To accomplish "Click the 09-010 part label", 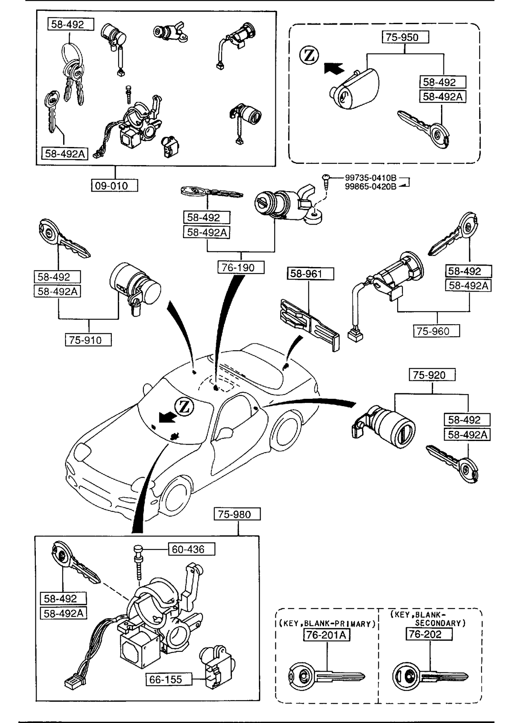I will click(x=115, y=186).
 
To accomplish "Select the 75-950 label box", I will click(x=405, y=37).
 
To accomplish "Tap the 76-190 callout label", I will click(x=241, y=268).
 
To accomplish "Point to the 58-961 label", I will click(x=310, y=274).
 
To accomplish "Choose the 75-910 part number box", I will click(x=88, y=340).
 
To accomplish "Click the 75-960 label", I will click(x=436, y=331).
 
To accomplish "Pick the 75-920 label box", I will click(x=432, y=375).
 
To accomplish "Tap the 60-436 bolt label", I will click(x=191, y=549).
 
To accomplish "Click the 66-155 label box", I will click(x=169, y=679).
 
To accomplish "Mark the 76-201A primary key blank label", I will click(x=326, y=635).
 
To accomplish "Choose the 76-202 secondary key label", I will click(x=429, y=634).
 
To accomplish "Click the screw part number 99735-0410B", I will click(x=370, y=178).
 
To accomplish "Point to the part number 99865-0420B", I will click(x=370, y=186).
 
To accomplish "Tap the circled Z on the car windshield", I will click(x=185, y=407).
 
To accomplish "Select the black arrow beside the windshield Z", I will click(x=167, y=418).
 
